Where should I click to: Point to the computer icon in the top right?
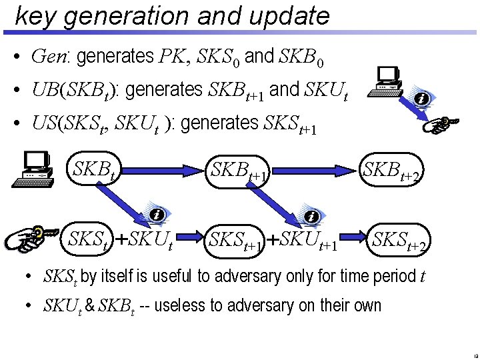(386, 82)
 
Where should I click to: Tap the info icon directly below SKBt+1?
(311, 216)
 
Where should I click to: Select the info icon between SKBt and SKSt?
(156, 215)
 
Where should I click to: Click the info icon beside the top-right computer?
(421, 99)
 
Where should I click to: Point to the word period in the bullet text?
(387, 275)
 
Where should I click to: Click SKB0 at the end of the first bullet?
(302, 58)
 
